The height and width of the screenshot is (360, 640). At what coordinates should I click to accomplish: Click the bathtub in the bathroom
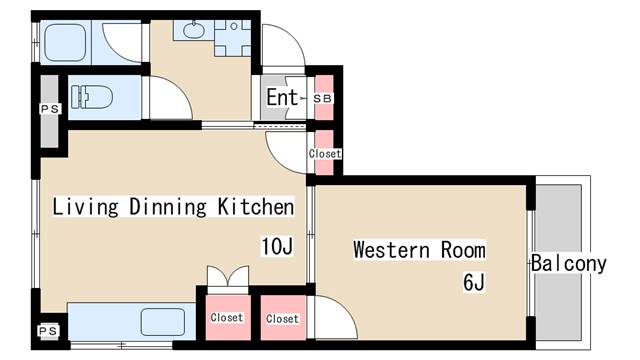(x=65, y=42)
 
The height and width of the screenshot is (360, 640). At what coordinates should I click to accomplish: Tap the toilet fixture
(x=92, y=97)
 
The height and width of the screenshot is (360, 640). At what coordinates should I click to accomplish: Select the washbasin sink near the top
(x=194, y=30)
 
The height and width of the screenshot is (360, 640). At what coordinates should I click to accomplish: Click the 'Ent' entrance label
(x=282, y=98)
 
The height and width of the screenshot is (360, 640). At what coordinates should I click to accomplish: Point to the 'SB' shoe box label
(x=323, y=98)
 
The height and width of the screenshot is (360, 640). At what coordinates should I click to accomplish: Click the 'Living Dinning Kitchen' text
(x=173, y=207)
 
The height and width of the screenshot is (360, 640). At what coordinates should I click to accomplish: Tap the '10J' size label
(x=277, y=246)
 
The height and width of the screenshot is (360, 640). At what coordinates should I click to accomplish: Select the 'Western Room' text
(x=420, y=249)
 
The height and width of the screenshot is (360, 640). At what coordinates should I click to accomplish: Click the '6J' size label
(x=474, y=282)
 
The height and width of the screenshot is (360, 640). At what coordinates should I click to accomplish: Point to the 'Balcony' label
(x=569, y=264)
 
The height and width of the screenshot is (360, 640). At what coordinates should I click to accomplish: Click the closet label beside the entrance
(x=325, y=154)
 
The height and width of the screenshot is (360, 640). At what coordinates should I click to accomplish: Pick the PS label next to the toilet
(x=50, y=109)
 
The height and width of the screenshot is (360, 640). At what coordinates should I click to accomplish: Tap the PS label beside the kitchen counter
(x=48, y=331)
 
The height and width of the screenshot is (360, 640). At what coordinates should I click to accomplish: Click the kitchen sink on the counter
(x=163, y=322)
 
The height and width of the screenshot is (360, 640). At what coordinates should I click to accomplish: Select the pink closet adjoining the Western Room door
(x=283, y=318)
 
